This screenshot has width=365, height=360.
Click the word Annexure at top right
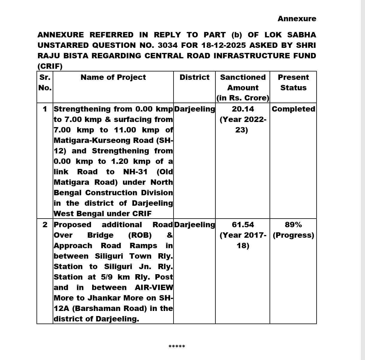coord(296,19)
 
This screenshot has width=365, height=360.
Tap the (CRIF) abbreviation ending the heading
coord(50,66)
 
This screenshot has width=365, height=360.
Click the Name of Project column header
coord(113,77)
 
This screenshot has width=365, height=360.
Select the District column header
coord(194,77)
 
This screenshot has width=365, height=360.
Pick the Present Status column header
coord(293,83)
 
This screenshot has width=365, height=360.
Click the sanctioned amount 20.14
coord(243,109)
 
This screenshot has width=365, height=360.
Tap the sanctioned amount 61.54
coord(243,225)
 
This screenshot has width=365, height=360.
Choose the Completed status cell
coord(293,109)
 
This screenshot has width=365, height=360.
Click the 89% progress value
coord(293,225)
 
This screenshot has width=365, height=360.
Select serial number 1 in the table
coord(45,109)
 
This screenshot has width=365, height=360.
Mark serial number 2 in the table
coord(45,225)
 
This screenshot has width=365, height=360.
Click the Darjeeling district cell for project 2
coord(194,225)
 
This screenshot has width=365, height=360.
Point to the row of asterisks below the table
coord(177,347)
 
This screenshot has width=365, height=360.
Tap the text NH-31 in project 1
coord(135,172)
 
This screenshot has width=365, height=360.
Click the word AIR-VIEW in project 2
coord(154,288)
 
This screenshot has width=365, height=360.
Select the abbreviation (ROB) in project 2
coord(140,235)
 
